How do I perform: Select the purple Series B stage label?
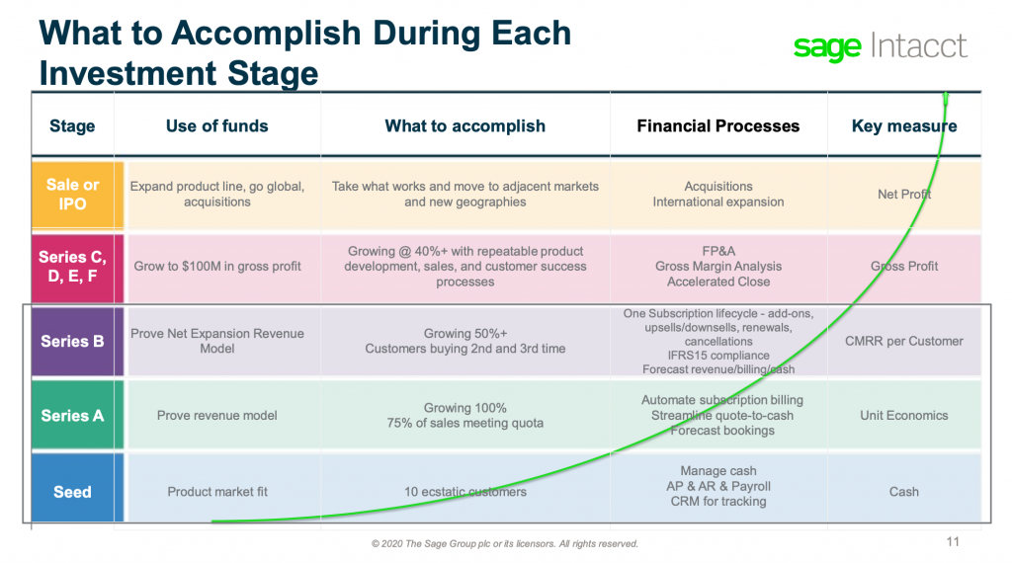72,342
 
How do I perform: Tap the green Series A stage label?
72,416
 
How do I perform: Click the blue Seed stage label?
72,492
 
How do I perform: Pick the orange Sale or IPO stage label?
72,195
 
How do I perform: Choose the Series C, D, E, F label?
72,266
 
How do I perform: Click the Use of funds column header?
216,125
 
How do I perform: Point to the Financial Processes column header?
717,125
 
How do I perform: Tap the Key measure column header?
903,125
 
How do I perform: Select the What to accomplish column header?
464,125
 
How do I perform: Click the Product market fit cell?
217,492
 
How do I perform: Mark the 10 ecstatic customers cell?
465,492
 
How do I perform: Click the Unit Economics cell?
903,416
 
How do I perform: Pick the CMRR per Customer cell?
903,342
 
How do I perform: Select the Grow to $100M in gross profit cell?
217,266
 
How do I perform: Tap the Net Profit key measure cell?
903,195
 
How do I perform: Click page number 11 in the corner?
953,541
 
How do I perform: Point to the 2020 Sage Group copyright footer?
505,543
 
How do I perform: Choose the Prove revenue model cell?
217,416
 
